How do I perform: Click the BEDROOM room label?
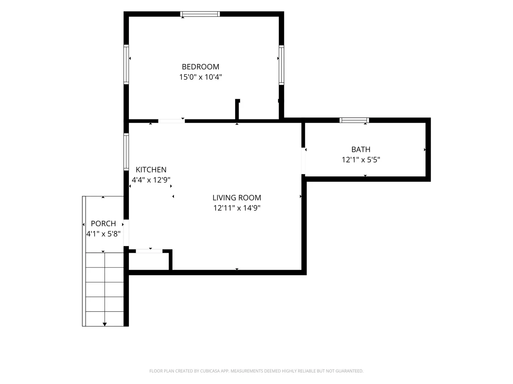tap(200, 67)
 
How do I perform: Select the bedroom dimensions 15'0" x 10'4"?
tap(200, 77)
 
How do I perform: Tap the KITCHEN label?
tap(151, 170)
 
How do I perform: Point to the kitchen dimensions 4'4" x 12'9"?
tap(151, 180)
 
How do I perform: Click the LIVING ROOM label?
tap(237, 197)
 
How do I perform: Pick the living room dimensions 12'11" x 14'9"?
tap(237, 208)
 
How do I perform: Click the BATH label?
tap(361, 149)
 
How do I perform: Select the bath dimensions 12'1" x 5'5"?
tap(361, 160)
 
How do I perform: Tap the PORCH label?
tap(103, 223)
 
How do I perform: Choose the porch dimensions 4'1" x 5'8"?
tap(103, 234)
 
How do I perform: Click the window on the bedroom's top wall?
tap(200, 14)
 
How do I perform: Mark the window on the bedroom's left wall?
tap(126, 64)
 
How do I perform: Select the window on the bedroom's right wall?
tap(281, 65)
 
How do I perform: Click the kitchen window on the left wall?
tap(126, 152)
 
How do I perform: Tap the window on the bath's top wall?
tap(354, 120)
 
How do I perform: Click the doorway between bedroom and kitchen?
tap(171, 121)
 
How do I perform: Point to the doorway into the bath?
tap(303, 161)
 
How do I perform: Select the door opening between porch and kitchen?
tap(126, 233)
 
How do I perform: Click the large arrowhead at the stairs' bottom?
tap(105, 324)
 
